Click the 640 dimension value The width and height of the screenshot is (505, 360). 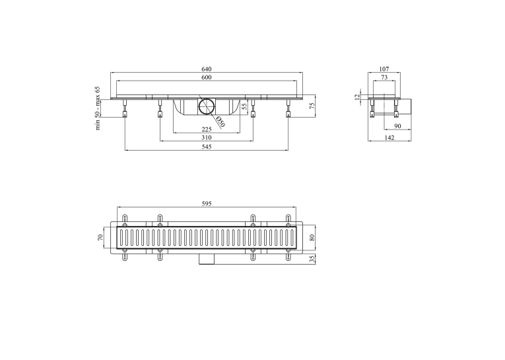point(207,69)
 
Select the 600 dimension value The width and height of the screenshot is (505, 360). point(207,77)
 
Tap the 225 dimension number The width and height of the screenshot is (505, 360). point(207,129)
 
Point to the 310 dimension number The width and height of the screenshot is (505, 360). point(207,137)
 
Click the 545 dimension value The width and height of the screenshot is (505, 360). point(207,147)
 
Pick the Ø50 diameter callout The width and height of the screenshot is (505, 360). point(220,121)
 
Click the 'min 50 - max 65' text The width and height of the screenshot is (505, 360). point(98,108)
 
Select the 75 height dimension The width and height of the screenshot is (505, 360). point(312,106)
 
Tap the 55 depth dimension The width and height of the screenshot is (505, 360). point(244,106)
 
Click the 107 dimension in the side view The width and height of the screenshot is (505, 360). point(384,69)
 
